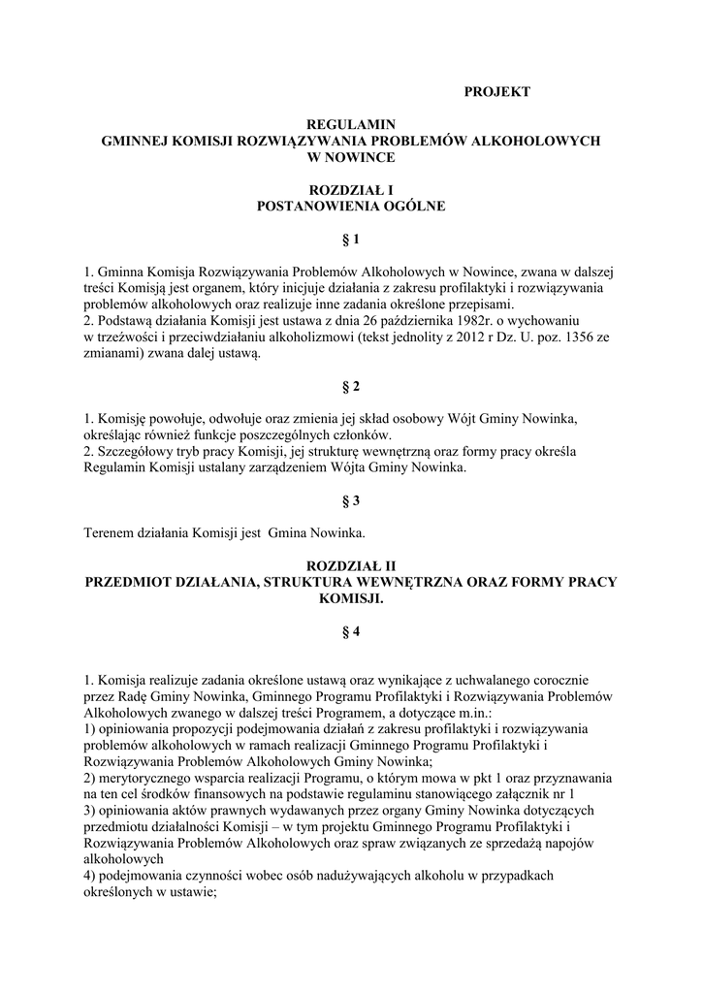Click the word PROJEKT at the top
[x=496, y=92]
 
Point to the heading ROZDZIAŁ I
[x=351, y=190]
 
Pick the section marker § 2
[x=351, y=386]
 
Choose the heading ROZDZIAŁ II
[x=351, y=564]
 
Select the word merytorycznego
[x=147, y=779]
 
